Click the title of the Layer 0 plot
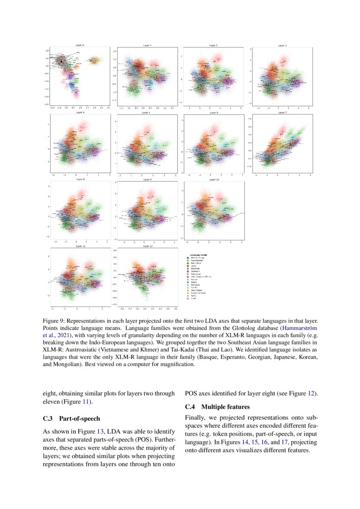[80, 45]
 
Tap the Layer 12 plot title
[148, 246]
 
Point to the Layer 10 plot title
[214, 179]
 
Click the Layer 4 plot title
[80, 113]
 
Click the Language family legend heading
[199, 254]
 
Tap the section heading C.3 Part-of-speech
[71, 419]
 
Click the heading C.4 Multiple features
[217, 407]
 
